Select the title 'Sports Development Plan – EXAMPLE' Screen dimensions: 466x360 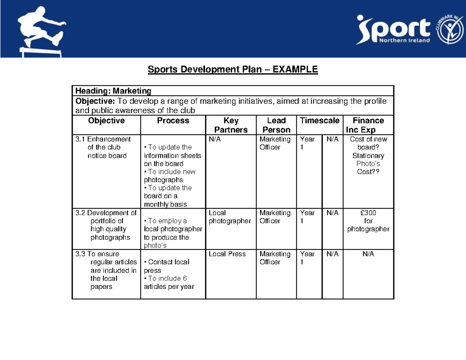[x=233, y=70]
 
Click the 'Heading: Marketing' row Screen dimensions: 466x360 [x=113, y=91]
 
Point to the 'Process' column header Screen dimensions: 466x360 [x=173, y=121]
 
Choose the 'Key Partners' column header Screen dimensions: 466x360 [x=231, y=125]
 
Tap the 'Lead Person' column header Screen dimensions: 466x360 [x=276, y=125]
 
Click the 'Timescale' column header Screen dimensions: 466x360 [x=320, y=121]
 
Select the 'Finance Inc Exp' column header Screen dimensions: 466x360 [x=368, y=125]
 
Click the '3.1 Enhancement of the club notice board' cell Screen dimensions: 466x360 [x=106, y=148]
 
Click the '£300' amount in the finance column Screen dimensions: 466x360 [x=368, y=213]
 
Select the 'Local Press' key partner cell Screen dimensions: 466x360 [x=227, y=254]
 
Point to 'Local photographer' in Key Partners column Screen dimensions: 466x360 [x=230, y=217]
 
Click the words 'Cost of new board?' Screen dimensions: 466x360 [x=368, y=143]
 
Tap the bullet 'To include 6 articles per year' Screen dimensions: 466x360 [x=169, y=283]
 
